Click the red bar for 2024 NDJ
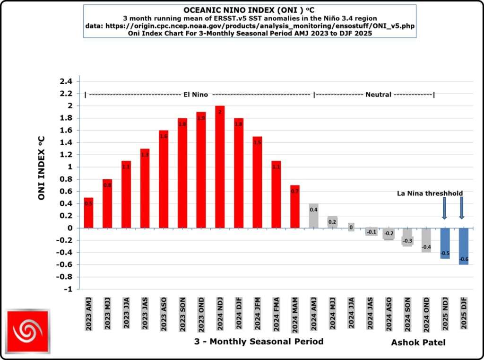click(220, 167)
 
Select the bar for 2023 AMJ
click(88, 212)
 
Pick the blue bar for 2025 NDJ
click(445, 243)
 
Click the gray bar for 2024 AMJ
click(313, 216)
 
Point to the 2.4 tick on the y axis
click(66, 81)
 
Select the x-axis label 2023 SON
click(182, 314)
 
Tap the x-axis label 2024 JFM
click(258, 314)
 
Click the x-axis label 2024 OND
click(426, 314)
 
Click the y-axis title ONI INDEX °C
click(41, 168)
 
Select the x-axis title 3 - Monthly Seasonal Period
click(259, 341)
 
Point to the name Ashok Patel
click(418, 342)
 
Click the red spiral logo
click(28, 331)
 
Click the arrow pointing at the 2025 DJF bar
click(462, 208)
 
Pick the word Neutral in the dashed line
click(378, 95)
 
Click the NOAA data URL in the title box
click(251, 26)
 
